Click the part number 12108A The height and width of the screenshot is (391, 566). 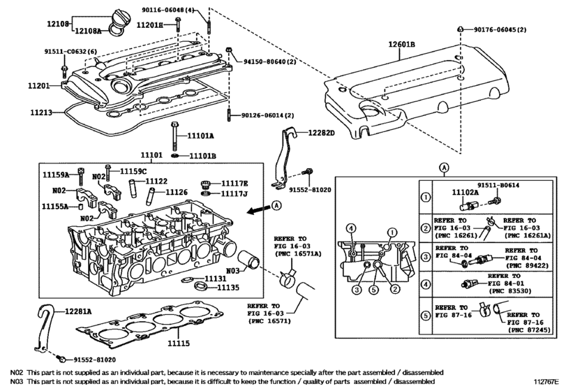tap(88, 31)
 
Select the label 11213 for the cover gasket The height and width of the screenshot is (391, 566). tap(41, 112)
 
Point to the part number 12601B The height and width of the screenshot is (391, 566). tap(401, 45)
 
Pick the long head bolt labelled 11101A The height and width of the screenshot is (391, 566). tap(174, 135)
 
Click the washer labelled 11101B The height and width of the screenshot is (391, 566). tap(174, 156)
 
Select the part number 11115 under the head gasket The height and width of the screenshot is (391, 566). tap(179, 343)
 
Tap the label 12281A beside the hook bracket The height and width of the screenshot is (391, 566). tap(78, 311)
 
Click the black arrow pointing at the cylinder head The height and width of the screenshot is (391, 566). tap(258, 209)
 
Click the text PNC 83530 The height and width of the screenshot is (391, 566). tap(510, 290)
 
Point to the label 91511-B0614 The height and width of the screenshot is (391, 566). tap(498, 185)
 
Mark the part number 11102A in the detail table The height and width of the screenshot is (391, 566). tap(466, 193)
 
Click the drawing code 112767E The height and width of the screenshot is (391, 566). tap(546, 381)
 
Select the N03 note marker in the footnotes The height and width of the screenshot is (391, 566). tap(17, 381)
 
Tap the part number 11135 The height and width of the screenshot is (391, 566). tap(228, 288)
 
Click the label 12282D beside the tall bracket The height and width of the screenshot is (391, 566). tap(321, 133)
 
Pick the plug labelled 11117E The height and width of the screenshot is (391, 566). tap(205, 184)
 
